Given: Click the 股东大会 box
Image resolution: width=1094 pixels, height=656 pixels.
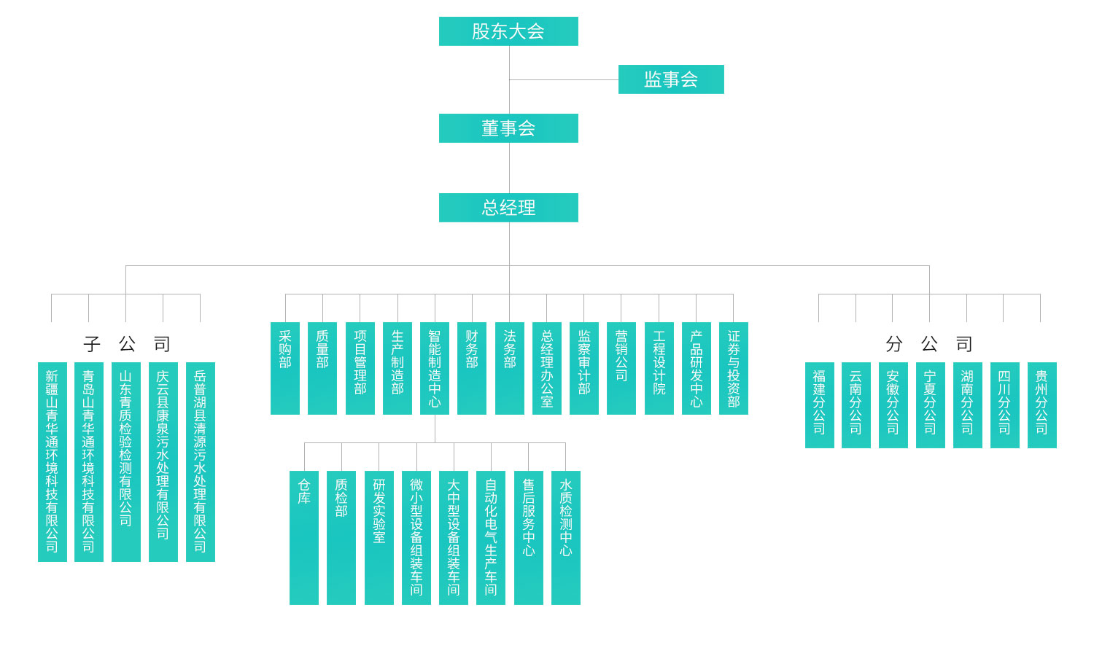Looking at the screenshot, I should [x=508, y=31].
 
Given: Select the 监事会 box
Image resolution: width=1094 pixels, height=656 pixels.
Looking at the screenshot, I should [x=671, y=79].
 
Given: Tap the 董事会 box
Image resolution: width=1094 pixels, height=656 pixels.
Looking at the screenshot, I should [x=508, y=128].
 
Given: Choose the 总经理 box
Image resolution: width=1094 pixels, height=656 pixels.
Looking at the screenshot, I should [x=508, y=208].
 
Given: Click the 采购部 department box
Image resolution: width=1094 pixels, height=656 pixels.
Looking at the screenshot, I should [x=285, y=368].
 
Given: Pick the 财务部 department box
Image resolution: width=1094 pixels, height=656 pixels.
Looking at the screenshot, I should [x=472, y=368].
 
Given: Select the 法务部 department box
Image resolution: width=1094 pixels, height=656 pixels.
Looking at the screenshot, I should [x=509, y=368].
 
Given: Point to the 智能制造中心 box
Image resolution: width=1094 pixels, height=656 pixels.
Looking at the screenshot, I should [x=435, y=368].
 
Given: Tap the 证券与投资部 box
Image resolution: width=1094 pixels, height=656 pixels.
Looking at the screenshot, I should [x=734, y=368].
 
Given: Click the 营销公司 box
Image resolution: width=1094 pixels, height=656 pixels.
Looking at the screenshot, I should [x=621, y=368].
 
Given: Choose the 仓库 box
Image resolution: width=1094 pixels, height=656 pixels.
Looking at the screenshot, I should [x=304, y=537].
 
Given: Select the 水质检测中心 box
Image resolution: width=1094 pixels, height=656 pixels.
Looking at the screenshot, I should [x=566, y=537].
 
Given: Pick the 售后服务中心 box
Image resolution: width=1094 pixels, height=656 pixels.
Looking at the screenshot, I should [x=529, y=537].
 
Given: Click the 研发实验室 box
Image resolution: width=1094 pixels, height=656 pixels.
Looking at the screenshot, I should [x=379, y=537].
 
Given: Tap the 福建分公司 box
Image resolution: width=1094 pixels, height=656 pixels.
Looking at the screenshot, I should [x=819, y=405].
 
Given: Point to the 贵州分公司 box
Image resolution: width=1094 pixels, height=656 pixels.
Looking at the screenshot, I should [x=1041, y=405].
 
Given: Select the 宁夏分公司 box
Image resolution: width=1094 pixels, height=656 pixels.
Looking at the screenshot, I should [x=930, y=405].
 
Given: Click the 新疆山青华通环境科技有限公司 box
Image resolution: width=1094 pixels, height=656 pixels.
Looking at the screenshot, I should [x=52, y=461].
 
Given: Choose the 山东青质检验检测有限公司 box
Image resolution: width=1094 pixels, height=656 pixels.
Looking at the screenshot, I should [x=126, y=461].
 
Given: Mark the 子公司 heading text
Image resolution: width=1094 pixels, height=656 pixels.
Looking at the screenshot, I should [x=126, y=343].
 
